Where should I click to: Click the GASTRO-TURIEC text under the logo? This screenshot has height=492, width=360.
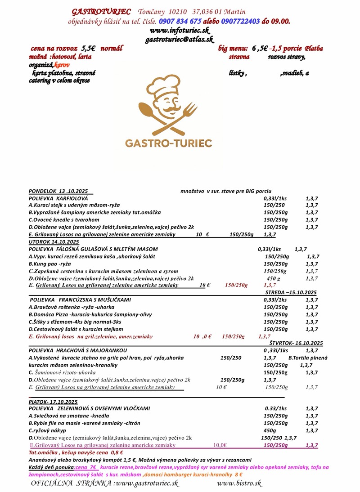click(168, 143)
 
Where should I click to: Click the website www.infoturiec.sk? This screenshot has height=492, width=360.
click(180, 31)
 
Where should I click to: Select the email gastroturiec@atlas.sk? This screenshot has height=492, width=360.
click(179, 40)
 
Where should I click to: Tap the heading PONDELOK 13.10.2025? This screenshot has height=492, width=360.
click(58, 191)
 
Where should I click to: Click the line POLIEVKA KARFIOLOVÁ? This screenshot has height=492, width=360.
click(58, 198)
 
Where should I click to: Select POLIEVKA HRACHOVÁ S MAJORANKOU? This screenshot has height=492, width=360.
click(78, 350)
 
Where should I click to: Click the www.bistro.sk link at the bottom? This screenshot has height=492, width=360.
click(239, 483)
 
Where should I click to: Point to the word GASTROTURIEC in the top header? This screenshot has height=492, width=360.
click(101, 11)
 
